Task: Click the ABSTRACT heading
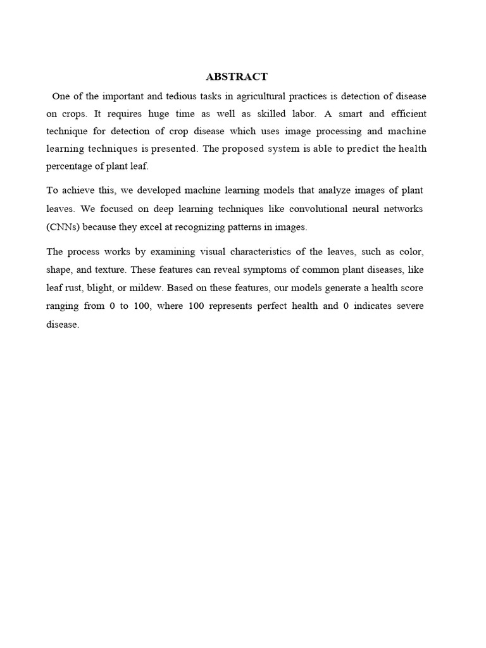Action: pos(237,77)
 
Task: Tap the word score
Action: pos(411,288)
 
